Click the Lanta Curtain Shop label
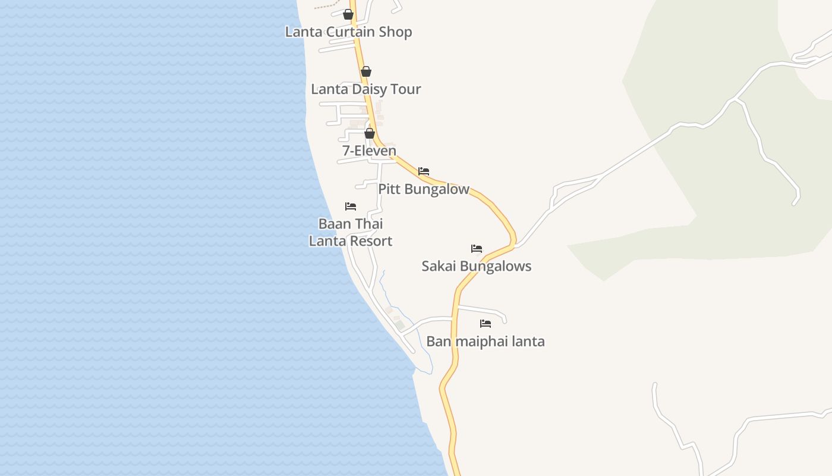(x=348, y=32)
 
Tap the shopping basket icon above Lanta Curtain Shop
(x=348, y=14)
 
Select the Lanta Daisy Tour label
(x=365, y=89)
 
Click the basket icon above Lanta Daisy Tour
(x=366, y=71)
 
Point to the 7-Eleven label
(x=369, y=151)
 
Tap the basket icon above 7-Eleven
(x=370, y=133)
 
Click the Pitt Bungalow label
(x=424, y=189)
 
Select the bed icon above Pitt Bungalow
(x=424, y=171)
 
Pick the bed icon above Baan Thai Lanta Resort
(x=351, y=206)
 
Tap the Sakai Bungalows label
(x=476, y=266)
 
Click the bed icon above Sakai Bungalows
(x=477, y=249)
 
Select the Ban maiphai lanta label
(x=485, y=342)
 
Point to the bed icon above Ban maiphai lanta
(x=486, y=324)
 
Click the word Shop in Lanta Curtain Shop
(x=397, y=32)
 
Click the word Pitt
(x=389, y=189)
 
